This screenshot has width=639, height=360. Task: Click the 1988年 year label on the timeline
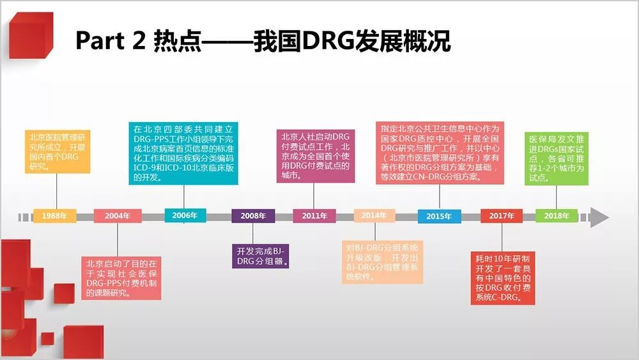point(54,216)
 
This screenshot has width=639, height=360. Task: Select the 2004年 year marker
point(118,216)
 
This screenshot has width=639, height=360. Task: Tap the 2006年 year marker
point(185,215)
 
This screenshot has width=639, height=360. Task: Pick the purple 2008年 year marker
point(253,216)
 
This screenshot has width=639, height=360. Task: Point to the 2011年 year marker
point(314,216)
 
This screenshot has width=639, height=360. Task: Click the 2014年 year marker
point(374,215)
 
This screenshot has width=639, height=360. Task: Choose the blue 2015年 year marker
point(439,216)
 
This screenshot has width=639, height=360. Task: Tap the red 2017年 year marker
point(502,216)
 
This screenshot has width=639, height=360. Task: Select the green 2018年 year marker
point(557,216)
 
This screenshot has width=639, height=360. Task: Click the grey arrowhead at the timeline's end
point(599,217)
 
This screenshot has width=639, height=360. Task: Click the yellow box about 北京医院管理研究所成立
point(58,152)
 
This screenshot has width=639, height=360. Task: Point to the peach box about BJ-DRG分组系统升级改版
point(381,262)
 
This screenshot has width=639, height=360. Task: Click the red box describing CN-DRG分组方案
point(439,153)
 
